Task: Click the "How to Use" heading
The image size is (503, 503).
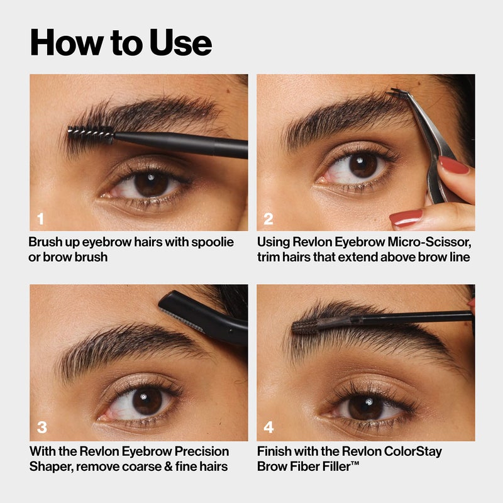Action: pyautogui.click(x=121, y=43)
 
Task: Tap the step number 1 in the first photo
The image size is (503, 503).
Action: pyautogui.click(x=41, y=219)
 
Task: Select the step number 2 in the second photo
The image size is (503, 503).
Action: pyautogui.click(x=268, y=219)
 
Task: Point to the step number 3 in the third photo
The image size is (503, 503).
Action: pyautogui.click(x=41, y=428)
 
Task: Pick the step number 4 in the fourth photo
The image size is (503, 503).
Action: pyautogui.click(x=268, y=428)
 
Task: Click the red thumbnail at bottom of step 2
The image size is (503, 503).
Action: pyautogui.click(x=406, y=218)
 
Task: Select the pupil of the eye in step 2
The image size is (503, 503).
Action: pyautogui.click(x=363, y=165)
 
